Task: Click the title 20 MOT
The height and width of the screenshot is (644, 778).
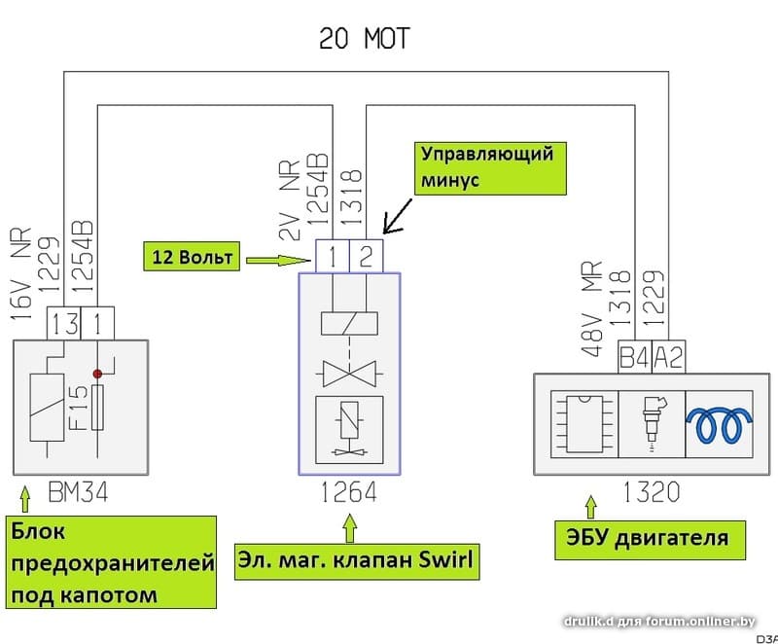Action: coord(365,38)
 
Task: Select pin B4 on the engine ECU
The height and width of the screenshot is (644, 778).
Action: coord(634,357)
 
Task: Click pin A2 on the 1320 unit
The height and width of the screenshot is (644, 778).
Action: coord(668,357)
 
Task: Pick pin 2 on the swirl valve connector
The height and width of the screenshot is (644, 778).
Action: coord(366,257)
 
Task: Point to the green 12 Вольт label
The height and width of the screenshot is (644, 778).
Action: coord(192,257)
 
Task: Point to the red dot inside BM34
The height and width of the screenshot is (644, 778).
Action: coord(97,373)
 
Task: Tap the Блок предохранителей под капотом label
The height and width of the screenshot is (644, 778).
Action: coord(113,561)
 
